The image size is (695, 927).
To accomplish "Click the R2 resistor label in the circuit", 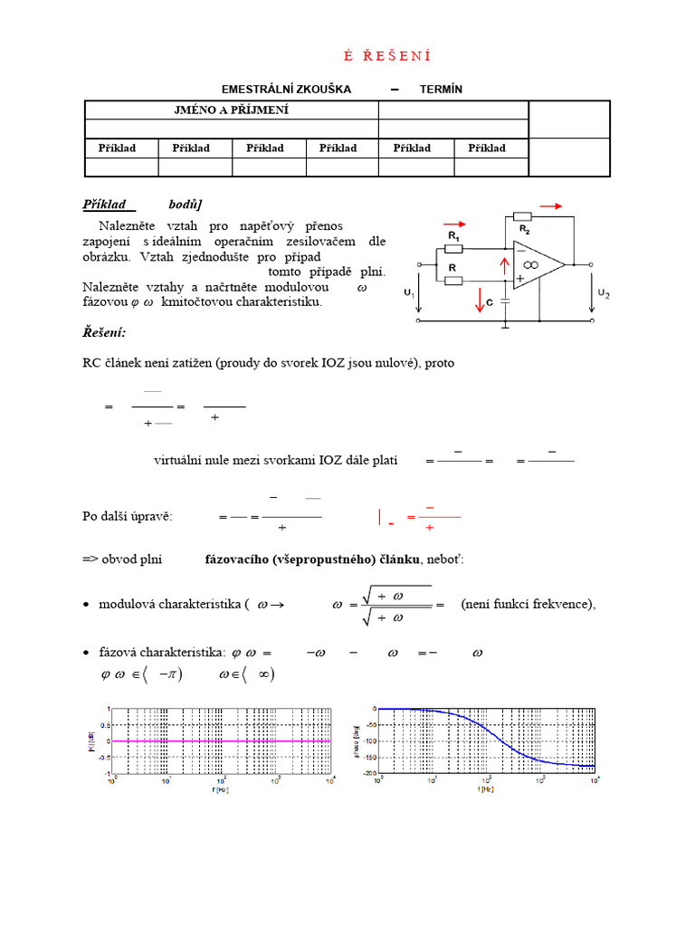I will tap(524, 231).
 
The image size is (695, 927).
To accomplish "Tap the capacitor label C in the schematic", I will tap(489, 303).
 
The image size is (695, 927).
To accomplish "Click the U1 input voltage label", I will tap(409, 293).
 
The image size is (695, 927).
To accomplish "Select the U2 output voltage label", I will tap(604, 293).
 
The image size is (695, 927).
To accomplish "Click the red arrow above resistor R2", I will tap(550, 206).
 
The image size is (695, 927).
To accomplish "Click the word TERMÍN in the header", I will tap(441, 89).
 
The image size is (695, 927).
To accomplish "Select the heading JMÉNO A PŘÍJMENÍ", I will tap(232, 110).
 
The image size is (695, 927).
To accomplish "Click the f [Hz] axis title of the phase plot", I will tap(487, 789).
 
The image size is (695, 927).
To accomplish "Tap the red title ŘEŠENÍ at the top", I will tap(387, 56).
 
